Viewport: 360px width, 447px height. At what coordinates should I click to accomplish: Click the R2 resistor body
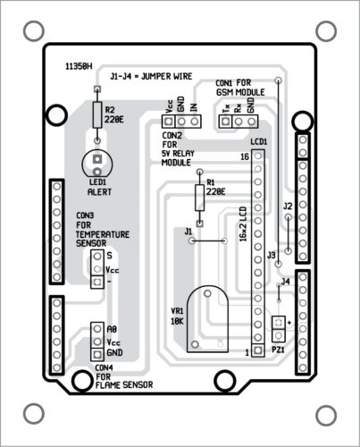[x=97, y=115]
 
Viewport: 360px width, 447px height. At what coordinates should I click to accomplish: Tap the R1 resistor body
[x=200, y=198]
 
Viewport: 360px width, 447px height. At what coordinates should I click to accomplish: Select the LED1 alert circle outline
[x=82, y=164]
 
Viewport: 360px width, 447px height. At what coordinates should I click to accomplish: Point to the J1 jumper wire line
[x=208, y=240]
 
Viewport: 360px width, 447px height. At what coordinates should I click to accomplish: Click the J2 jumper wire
[x=288, y=234]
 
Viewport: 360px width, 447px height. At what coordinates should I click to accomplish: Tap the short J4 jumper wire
[x=279, y=292]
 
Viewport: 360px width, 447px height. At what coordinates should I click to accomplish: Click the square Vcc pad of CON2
[x=169, y=122]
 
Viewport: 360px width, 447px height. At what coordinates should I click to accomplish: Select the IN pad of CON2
[x=195, y=122]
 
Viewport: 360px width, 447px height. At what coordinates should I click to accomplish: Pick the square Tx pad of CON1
[x=225, y=122]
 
